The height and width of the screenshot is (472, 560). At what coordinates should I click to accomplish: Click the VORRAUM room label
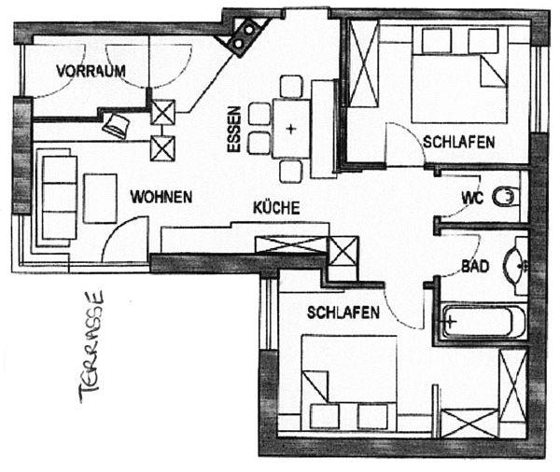(x=91, y=71)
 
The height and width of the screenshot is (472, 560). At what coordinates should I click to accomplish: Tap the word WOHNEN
(x=161, y=197)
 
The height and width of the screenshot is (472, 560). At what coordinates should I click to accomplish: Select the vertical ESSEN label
(x=234, y=130)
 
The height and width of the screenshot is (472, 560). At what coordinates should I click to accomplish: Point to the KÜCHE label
(x=276, y=207)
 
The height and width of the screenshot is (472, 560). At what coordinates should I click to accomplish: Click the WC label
(x=472, y=198)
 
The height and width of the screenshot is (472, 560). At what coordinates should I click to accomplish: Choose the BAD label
(x=475, y=267)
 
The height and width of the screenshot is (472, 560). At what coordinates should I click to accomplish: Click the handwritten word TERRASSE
(x=91, y=346)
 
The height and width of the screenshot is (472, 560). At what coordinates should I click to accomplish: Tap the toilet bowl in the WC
(x=504, y=197)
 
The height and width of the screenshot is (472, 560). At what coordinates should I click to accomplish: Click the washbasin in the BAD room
(x=515, y=266)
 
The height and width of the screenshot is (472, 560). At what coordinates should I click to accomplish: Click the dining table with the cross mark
(x=291, y=129)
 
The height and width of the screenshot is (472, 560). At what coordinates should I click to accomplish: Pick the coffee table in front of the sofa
(x=101, y=198)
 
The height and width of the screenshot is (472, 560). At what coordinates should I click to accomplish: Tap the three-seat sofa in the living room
(x=58, y=198)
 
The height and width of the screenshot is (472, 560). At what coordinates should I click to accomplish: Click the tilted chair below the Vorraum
(x=116, y=125)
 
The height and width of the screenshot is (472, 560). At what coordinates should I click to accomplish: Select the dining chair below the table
(x=290, y=172)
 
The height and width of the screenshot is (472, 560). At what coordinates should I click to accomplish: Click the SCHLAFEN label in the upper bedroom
(x=458, y=142)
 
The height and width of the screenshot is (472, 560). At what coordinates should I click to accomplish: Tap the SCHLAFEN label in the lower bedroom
(x=343, y=312)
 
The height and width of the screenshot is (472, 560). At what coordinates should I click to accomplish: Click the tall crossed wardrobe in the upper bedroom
(x=363, y=63)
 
